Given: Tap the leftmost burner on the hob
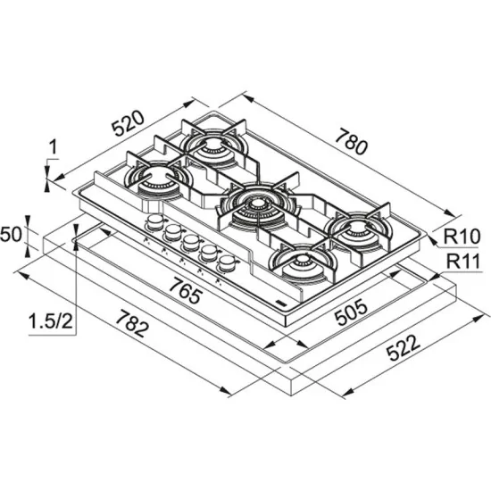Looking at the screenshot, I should click(x=154, y=177).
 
